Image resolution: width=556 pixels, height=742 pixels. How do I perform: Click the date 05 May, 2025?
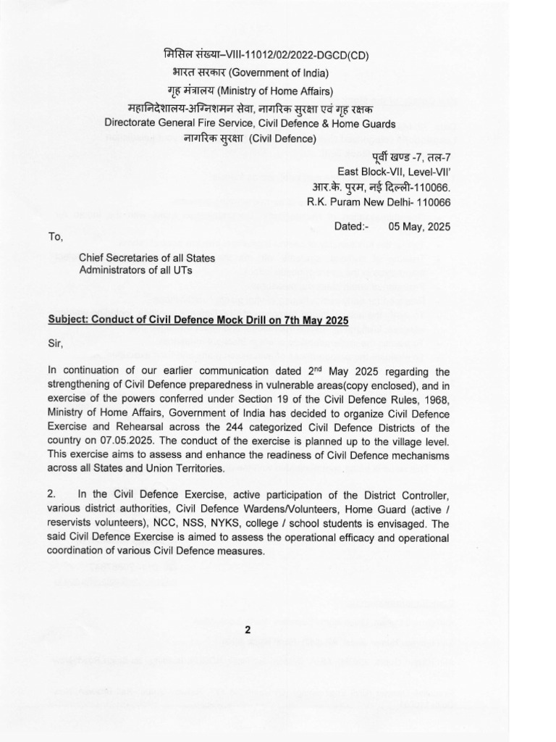point(419,226)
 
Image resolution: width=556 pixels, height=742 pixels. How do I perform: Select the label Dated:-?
point(352,226)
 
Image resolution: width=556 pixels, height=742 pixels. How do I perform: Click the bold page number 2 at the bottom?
point(248,630)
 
